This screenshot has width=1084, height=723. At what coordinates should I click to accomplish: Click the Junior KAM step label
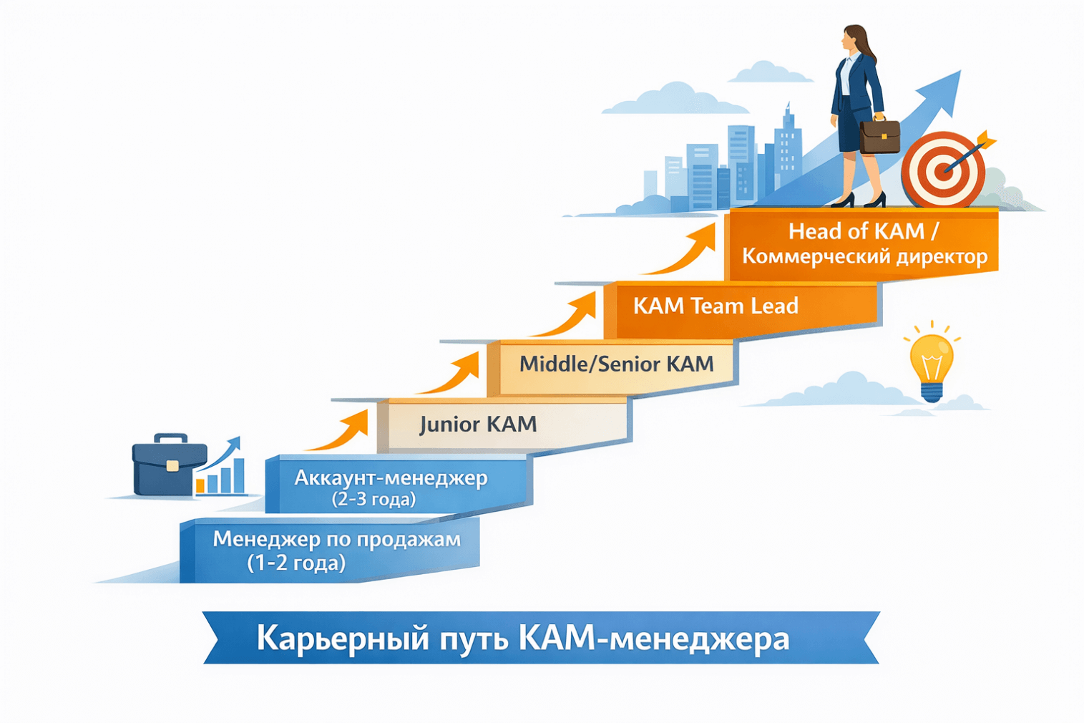[x=478, y=424]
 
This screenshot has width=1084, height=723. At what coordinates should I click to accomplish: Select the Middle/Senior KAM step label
[x=616, y=364]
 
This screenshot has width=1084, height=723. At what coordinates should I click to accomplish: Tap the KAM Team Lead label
[x=716, y=306]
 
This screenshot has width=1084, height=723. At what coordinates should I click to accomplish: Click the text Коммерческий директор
[x=864, y=256]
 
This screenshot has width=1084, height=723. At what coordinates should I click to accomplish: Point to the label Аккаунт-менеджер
[x=391, y=477]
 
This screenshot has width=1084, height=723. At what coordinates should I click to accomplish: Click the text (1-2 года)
[x=296, y=563]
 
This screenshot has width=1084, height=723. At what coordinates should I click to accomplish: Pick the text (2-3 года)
[x=373, y=499]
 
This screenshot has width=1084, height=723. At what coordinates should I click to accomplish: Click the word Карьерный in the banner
[x=343, y=638]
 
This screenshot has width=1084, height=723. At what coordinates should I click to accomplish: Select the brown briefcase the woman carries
[x=879, y=136]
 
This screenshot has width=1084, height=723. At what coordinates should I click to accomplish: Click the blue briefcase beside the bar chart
[x=168, y=465]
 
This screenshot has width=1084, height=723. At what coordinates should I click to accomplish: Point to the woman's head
[x=854, y=39]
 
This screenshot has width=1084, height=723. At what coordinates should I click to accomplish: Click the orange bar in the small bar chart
[x=201, y=485]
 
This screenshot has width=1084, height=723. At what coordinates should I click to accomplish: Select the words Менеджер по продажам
[x=336, y=539]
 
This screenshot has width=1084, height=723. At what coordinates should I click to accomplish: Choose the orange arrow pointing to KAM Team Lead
[x=569, y=316]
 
